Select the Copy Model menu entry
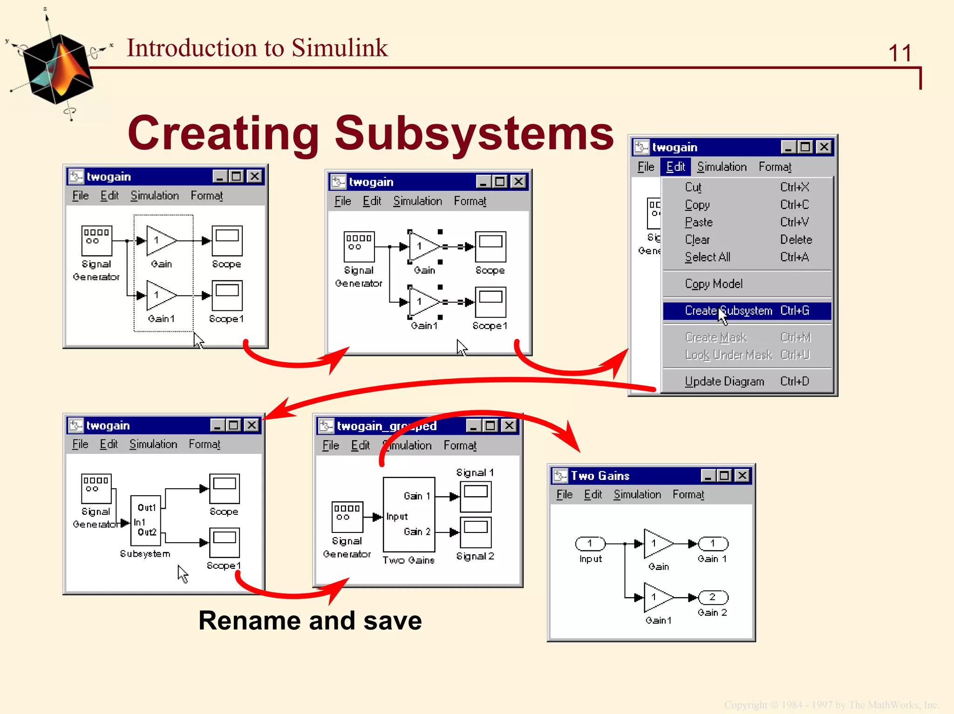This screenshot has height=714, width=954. (714, 284)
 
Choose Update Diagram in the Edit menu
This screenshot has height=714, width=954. (724, 382)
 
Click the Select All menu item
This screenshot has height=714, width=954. (708, 257)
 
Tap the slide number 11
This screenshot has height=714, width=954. (899, 54)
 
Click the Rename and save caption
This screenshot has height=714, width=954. (310, 621)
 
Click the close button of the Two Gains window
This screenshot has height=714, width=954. (742, 476)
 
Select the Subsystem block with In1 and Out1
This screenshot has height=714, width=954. (146, 520)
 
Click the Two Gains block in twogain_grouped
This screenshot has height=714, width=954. (409, 514)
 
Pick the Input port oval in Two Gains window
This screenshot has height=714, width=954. (590, 543)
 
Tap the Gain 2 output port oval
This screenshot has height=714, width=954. (713, 597)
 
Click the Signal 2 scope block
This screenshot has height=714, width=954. (476, 532)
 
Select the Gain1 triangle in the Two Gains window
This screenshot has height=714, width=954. (657, 597)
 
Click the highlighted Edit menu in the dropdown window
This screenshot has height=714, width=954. (675, 167)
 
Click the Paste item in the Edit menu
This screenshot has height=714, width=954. (699, 222)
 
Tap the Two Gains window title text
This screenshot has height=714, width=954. (600, 476)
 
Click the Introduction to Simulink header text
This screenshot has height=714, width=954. (257, 48)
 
